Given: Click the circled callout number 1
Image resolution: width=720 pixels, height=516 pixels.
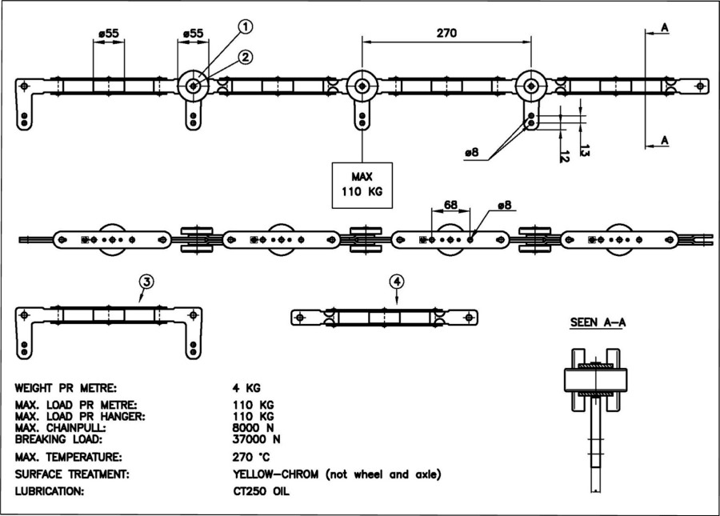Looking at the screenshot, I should coord(246,26).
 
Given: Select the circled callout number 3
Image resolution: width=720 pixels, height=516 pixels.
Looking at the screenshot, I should coord(146,281).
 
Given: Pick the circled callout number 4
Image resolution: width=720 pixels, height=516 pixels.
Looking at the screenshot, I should coord(398,281).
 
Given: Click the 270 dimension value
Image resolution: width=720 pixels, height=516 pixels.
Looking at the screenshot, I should coord(446,33).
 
